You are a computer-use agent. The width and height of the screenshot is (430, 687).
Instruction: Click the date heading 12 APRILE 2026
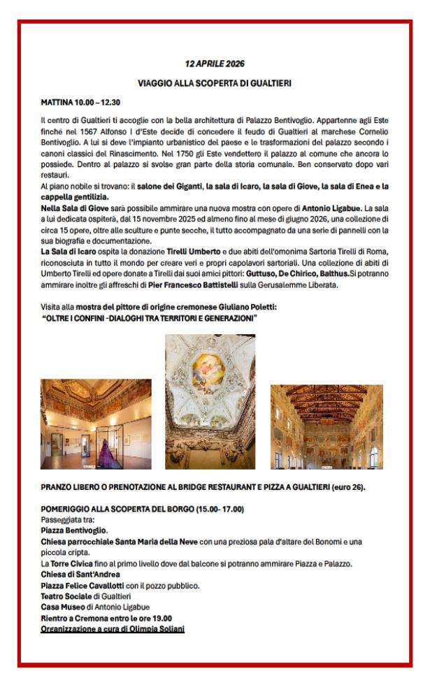(214, 65)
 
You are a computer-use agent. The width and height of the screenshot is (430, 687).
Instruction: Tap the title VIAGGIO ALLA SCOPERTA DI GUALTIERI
(214, 85)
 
